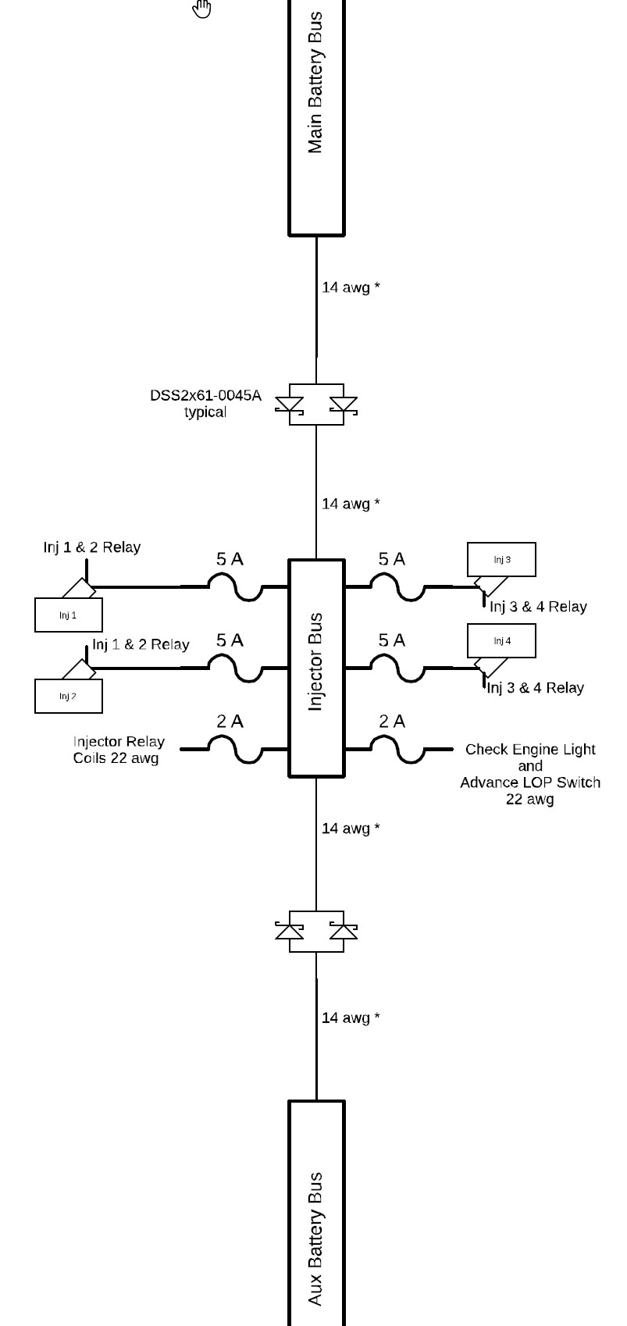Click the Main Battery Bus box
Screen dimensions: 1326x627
[316, 117]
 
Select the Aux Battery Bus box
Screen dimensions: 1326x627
[316, 1214]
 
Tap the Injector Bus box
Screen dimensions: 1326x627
[316, 668]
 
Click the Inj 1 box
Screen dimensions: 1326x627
[68, 615]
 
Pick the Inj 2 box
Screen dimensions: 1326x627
[68, 696]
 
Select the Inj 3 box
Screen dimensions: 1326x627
[501, 559]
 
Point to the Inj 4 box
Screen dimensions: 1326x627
[501, 640]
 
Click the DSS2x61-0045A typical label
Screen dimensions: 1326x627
[205, 404]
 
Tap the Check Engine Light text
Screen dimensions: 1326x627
[530, 750]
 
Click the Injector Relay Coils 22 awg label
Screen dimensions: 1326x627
[118, 750]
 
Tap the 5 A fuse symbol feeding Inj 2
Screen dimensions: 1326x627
[236, 669]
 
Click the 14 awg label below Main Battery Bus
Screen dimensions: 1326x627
[351, 287]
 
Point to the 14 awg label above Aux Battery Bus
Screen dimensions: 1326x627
[351, 1018]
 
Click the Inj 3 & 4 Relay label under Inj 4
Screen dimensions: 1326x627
[536, 688]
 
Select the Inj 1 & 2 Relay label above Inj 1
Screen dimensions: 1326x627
[92, 547]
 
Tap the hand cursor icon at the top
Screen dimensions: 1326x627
[202, 8]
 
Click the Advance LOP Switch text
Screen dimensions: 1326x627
[530, 782]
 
